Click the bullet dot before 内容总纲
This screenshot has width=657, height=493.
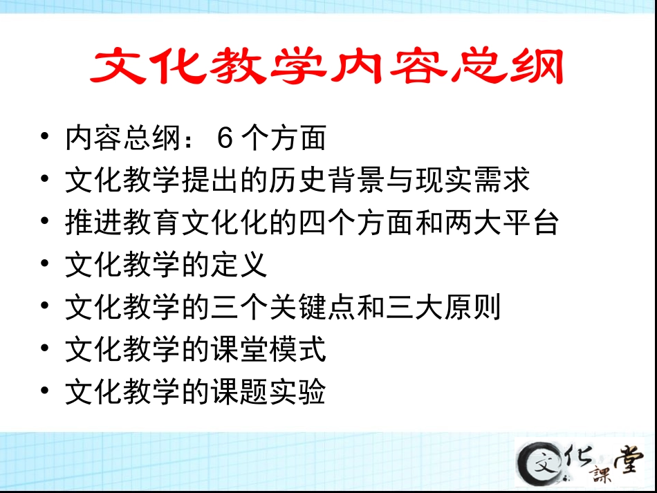point(45,138)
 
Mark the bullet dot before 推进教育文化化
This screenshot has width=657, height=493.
point(45,223)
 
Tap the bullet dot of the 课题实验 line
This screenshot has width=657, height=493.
point(45,391)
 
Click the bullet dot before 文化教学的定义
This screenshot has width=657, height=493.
point(45,265)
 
